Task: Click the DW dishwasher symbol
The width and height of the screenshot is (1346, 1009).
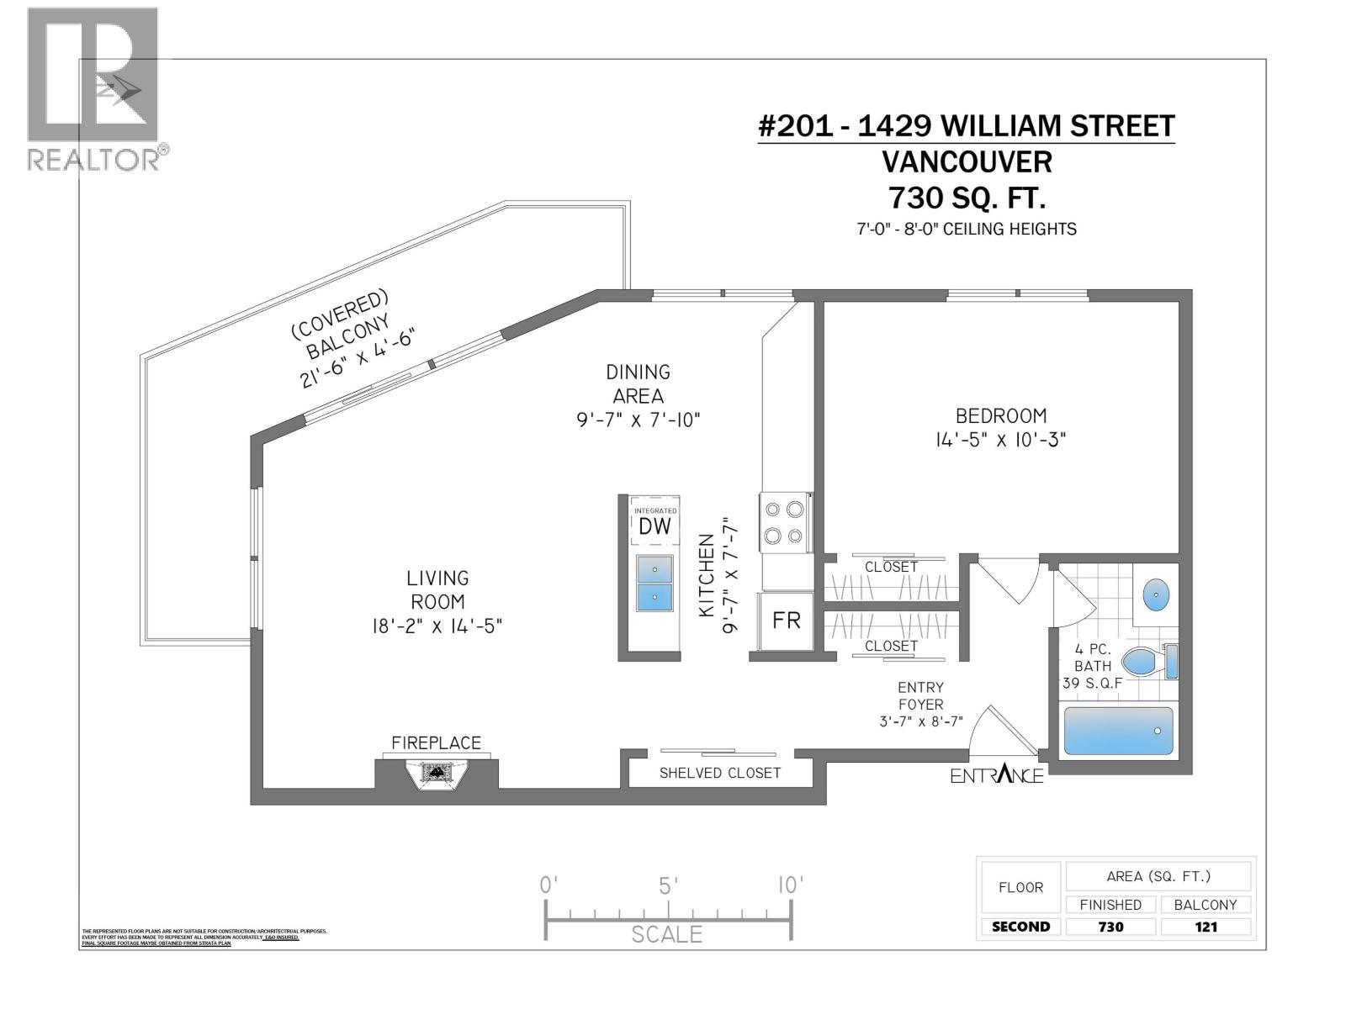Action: pyautogui.click(x=654, y=526)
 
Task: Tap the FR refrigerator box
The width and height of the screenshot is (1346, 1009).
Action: pyautogui.click(x=786, y=621)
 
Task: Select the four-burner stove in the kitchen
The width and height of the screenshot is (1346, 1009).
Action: pyautogui.click(x=783, y=522)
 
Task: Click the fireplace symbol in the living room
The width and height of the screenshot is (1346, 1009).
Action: pyautogui.click(x=437, y=772)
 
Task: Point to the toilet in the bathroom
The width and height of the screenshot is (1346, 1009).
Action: pyautogui.click(x=1147, y=662)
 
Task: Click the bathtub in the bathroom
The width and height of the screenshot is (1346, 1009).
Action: pyautogui.click(x=1118, y=731)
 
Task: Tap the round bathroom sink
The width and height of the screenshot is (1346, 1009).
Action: pyautogui.click(x=1156, y=595)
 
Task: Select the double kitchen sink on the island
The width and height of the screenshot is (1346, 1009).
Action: pyautogui.click(x=654, y=583)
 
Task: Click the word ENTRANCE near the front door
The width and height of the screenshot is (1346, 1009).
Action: pyautogui.click(x=997, y=775)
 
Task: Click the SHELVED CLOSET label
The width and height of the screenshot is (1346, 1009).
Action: pyautogui.click(x=720, y=773)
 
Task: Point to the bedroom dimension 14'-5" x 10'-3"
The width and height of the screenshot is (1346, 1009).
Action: pyautogui.click(x=1000, y=440)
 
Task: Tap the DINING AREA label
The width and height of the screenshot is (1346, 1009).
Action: pyautogui.click(x=638, y=383)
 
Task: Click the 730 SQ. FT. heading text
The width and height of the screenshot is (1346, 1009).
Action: pyautogui.click(x=967, y=198)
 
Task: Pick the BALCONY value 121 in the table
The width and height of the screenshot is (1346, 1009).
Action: pyautogui.click(x=1205, y=927)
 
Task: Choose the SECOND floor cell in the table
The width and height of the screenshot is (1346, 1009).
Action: pyautogui.click(x=1020, y=927)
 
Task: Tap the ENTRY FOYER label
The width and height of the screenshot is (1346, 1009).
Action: pyautogui.click(x=920, y=696)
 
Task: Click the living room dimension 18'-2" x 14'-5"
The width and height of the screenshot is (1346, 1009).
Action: pyautogui.click(x=437, y=626)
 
